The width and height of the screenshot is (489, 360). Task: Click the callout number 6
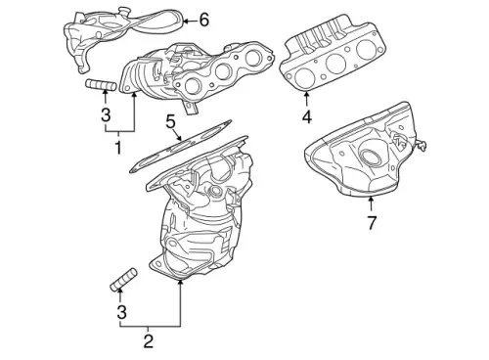pyautogui.click(x=204, y=21)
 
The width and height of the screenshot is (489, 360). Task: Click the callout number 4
pyautogui.click(x=307, y=116)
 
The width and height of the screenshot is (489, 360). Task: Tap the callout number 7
pyautogui.click(x=372, y=223)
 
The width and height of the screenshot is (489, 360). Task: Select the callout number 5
pyautogui.click(x=170, y=122)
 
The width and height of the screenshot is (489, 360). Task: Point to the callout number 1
pyautogui.click(x=118, y=148)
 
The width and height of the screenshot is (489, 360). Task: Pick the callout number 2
pyautogui.click(x=148, y=341)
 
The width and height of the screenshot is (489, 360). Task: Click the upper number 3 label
pyautogui.click(x=106, y=114)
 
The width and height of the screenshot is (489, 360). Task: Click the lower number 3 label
pyautogui.click(x=121, y=313)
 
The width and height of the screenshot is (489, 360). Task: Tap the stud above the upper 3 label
pyautogui.click(x=101, y=85)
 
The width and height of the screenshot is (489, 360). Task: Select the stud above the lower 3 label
pyautogui.click(x=123, y=280)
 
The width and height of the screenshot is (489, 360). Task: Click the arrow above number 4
pyautogui.click(x=306, y=100)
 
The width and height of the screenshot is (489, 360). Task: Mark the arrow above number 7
pyautogui.click(x=371, y=203)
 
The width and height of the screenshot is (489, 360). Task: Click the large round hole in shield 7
pyautogui.click(x=370, y=158)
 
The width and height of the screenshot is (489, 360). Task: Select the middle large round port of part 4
pyautogui.click(x=335, y=64)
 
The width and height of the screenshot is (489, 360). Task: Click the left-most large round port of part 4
pyautogui.click(x=303, y=78)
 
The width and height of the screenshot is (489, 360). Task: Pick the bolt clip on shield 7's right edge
pyautogui.click(x=421, y=146)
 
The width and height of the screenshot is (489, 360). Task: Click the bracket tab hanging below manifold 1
pyautogui.click(x=191, y=108)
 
